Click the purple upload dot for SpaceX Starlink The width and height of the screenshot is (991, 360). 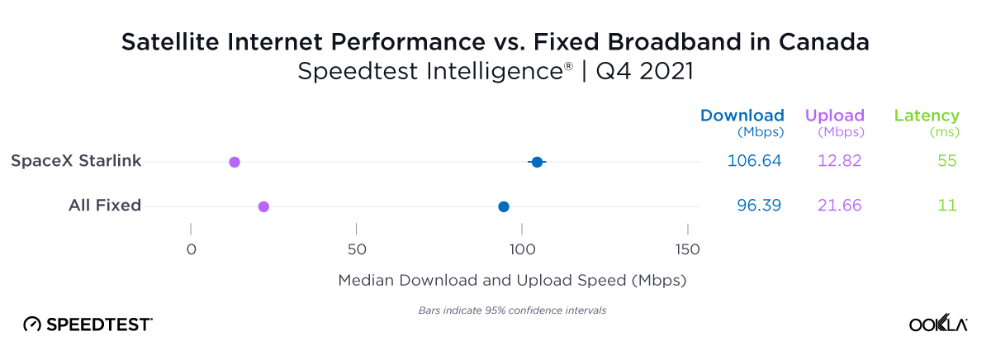[x=235, y=162]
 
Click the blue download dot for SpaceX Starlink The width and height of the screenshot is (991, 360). [x=537, y=162]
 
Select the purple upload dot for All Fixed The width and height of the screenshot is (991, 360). [x=263, y=206]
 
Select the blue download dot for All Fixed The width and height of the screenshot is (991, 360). [x=504, y=206]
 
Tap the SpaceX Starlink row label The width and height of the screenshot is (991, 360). [x=76, y=161]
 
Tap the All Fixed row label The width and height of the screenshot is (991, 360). [x=105, y=206]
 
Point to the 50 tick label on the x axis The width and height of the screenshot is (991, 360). [x=356, y=249]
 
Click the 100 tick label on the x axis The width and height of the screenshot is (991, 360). [x=522, y=249]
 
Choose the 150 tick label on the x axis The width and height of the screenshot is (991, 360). [x=688, y=249]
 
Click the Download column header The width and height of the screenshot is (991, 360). [x=742, y=116]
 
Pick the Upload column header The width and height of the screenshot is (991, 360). [x=835, y=116]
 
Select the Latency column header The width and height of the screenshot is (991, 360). [x=927, y=116]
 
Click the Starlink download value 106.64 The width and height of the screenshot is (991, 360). [x=754, y=161]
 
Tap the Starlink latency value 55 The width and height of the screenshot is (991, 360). [x=947, y=161]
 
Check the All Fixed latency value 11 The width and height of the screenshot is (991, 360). [x=948, y=206]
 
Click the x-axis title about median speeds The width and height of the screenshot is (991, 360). [x=512, y=281]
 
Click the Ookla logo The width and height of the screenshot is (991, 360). [x=938, y=324]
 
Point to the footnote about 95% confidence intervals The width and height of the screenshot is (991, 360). [x=507, y=310]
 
